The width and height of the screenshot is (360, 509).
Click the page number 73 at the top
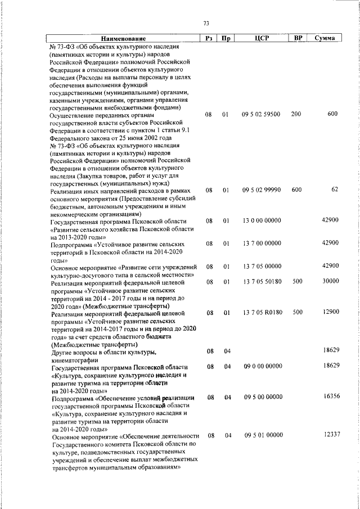(x=206, y=23)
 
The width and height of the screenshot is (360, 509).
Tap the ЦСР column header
(x=260, y=38)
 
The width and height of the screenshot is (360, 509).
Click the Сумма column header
(x=325, y=38)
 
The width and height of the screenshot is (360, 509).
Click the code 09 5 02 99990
(x=261, y=190)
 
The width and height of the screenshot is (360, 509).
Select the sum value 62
(x=334, y=190)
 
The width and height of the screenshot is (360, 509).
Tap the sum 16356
(x=331, y=397)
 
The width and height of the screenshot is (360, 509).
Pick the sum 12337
(x=331, y=435)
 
